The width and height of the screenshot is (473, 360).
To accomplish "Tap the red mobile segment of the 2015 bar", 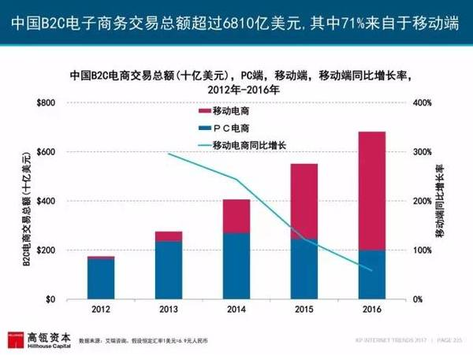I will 304,201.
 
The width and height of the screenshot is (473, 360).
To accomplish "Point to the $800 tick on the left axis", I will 47,103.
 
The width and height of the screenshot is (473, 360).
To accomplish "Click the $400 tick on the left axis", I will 47,202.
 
